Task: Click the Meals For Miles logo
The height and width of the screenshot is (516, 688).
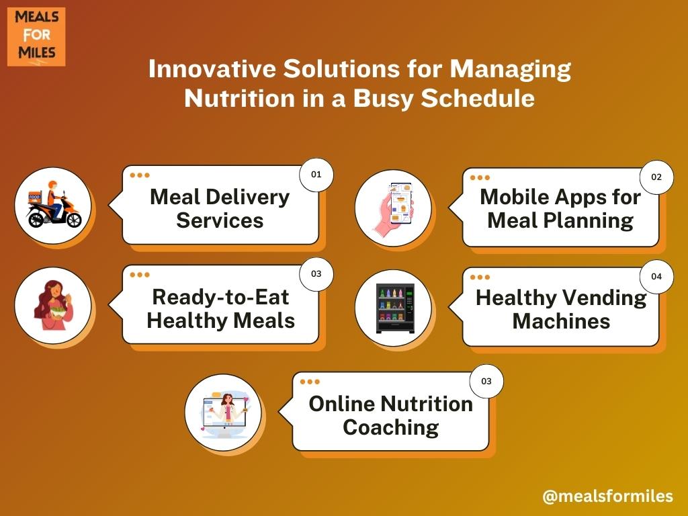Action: click(36, 36)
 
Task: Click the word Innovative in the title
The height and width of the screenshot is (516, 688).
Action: click(212, 69)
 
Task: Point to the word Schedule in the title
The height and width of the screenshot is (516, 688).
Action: click(478, 98)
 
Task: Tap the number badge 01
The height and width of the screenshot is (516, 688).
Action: click(316, 175)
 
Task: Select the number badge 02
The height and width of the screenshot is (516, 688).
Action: click(656, 177)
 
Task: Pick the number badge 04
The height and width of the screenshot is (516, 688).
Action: click(656, 277)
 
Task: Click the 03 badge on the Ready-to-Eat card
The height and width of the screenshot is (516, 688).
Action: click(316, 274)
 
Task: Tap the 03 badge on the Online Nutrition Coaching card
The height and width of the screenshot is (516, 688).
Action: click(486, 382)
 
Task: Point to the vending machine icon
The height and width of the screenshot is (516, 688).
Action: click(395, 308)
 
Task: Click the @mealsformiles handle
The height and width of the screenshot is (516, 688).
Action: click(607, 496)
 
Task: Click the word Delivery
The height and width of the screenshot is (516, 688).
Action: click(247, 197)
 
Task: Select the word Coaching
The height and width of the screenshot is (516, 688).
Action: click(391, 427)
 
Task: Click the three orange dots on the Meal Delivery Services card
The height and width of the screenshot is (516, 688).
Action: click(140, 175)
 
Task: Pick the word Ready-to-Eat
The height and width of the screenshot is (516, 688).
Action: click(220, 297)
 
